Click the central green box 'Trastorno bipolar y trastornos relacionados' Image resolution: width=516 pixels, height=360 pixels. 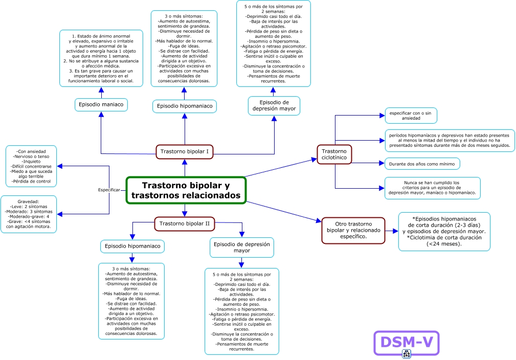pyautogui.click(x=186, y=190)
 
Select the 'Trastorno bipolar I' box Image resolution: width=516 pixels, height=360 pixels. pyautogui.click(x=184, y=151)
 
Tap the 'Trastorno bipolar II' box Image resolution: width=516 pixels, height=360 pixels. pyautogui.click(x=185, y=223)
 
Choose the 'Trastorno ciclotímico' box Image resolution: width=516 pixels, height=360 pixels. pyautogui.click(x=335, y=154)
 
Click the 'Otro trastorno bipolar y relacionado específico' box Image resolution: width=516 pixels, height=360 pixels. pyautogui.click(x=353, y=230)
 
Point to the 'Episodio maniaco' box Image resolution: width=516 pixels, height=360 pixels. pyautogui.click(x=101, y=105)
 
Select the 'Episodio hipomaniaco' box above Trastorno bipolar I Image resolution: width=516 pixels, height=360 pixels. pyautogui.click(x=184, y=106)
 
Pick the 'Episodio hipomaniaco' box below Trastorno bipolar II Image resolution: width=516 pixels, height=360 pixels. pyautogui.click(x=132, y=246)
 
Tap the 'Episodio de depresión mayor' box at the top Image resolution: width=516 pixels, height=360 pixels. pyautogui.click(x=274, y=105)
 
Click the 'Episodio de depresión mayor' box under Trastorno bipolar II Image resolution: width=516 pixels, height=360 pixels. pyautogui.click(x=242, y=247)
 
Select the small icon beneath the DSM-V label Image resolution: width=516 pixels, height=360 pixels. pyautogui.click(x=407, y=354)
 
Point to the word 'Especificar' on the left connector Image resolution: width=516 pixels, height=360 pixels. pyautogui.click(x=109, y=190)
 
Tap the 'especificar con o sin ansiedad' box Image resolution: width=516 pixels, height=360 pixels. pyautogui.click(x=411, y=116)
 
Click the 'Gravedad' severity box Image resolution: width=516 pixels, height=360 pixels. pyautogui.click(x=29, y=214)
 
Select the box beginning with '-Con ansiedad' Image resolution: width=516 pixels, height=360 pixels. pyautogui.click(x=31, y=166)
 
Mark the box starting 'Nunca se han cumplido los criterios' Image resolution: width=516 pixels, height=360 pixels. pyautogui.click(x=432, y=188)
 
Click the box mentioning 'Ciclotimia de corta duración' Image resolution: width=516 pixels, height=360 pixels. pyautogui.click(x=444, y=231)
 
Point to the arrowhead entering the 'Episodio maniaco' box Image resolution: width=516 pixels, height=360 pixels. pyautogui.click(x=101, y=115)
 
